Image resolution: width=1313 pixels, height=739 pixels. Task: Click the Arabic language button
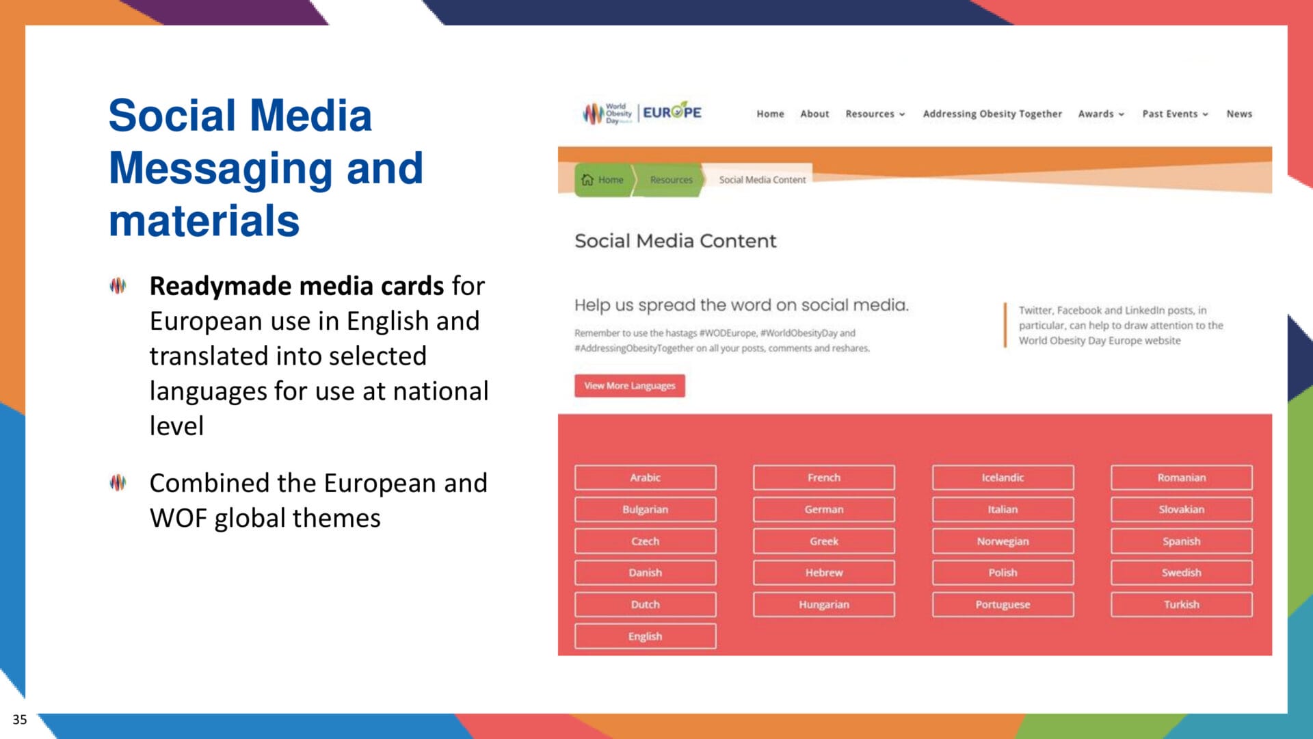point(645,477)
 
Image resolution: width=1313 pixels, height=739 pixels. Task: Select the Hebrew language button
point(823,572)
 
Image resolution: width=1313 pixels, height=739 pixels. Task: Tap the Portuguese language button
point(1002,604)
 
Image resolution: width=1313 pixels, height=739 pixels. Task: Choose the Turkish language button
point(1181,604)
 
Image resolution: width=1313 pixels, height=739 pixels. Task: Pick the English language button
point(645,636)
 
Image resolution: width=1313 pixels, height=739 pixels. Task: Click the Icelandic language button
point(1002,477)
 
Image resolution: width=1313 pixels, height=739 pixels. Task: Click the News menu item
point(1238,114)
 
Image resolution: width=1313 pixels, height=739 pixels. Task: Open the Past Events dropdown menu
point(1174,114)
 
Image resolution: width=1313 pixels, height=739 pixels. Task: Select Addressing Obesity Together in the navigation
point(992,114)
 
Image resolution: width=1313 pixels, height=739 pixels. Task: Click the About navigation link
point(814,114)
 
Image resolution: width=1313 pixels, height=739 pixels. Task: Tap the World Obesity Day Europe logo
point(641,113)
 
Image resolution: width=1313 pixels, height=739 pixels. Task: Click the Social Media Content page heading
point(675,241)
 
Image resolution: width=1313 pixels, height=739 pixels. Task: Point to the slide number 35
point(20,719)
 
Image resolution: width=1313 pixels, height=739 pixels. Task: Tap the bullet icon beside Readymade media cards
point(118,285)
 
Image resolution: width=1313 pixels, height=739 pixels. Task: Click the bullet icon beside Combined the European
point(118,482)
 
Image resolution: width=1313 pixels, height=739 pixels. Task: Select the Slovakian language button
point(1181,509)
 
